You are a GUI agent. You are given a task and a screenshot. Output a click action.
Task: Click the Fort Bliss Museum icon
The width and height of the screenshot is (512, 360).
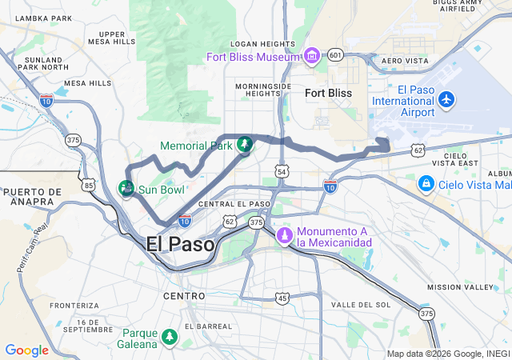pos(311,55)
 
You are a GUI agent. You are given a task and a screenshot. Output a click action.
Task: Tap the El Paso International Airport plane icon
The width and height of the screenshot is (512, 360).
pos(446,100)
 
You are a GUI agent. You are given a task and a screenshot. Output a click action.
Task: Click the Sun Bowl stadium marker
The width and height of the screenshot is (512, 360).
pos(126,189)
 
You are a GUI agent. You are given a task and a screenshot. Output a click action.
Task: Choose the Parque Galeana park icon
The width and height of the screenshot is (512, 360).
pos(169,338)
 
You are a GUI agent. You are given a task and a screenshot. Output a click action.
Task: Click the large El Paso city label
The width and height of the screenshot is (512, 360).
pos(181,244)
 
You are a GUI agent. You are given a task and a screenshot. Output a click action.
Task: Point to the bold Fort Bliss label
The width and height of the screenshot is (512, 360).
pos(328,93)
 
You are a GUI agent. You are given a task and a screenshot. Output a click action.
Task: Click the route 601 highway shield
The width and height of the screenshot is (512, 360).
pos(335,54)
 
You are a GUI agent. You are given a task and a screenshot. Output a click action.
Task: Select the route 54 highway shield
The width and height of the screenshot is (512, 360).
pos(281,171)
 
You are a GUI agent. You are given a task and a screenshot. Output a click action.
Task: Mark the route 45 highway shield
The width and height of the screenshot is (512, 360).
pos(282,298)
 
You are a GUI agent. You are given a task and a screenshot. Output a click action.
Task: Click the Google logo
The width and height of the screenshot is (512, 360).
pos(26,350)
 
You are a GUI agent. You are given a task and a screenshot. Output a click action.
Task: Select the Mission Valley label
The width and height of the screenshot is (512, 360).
pos(454,286)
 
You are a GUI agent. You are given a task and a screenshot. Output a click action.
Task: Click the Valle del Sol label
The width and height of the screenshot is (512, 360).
pos(361,305)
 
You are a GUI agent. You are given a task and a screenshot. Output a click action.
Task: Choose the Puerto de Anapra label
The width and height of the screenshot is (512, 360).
pos(33,197)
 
